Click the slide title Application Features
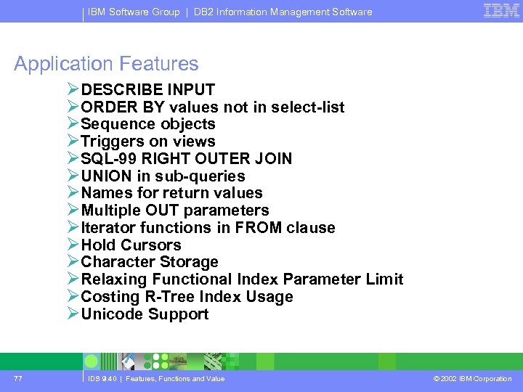click(x=106, y=64)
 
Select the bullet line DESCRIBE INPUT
click(x=147, y=90)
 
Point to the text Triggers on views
click(x=148, y=142)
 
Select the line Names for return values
click(x=171, y=193)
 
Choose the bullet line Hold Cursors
click(x=131, y=245)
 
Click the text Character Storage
click(x=150, y=262)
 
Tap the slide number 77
click(x=18, y=378)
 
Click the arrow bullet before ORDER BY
click(x=73, y=107)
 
